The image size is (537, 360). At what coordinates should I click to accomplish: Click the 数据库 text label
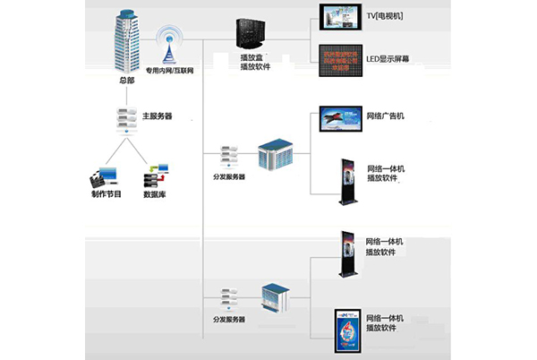click(x=157, y=193)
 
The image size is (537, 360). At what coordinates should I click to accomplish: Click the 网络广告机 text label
click(x=388, y=116)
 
